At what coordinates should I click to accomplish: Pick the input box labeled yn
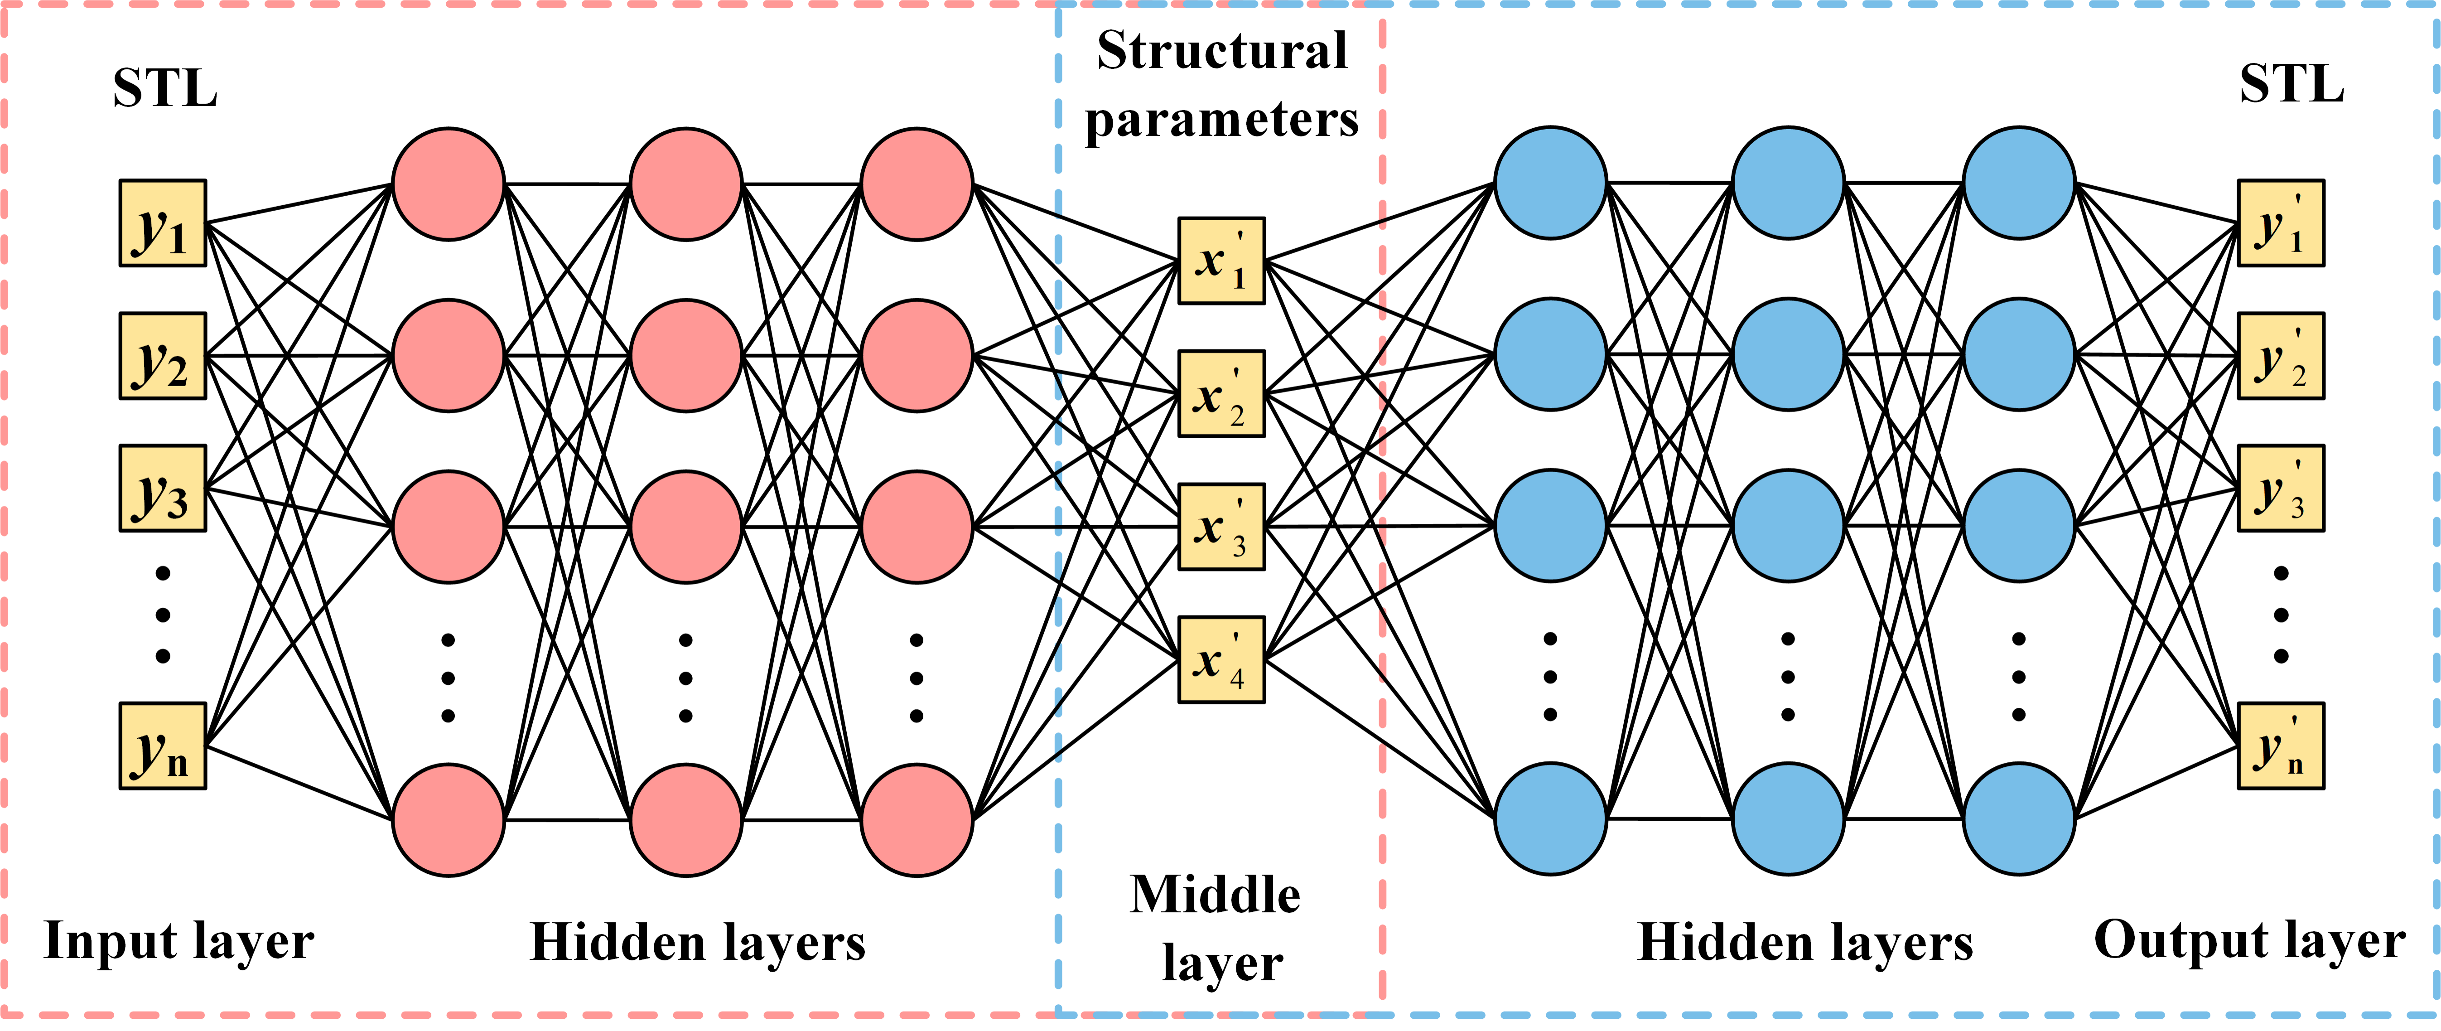pyautogui.click(x=162, y=746)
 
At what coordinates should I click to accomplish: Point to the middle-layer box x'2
pyautogui.click(x=1220, y=393)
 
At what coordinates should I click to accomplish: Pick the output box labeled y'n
pyautogui.click(x=2280, y=746)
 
